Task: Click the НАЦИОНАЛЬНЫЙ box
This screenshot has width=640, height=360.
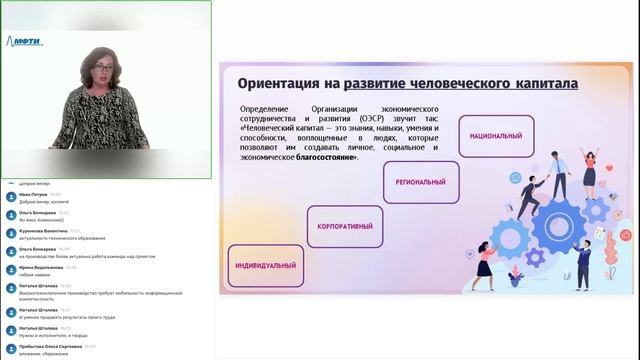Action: coord(496,134)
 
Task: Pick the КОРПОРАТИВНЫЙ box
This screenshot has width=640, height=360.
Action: coord(345,226)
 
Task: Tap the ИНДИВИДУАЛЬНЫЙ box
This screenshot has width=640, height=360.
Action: coord(266,266)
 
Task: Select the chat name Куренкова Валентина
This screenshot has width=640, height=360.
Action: coord(46,230)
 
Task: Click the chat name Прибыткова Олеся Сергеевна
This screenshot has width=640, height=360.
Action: coord(50,346)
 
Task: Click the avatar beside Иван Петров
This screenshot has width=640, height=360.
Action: coord(10,196)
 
